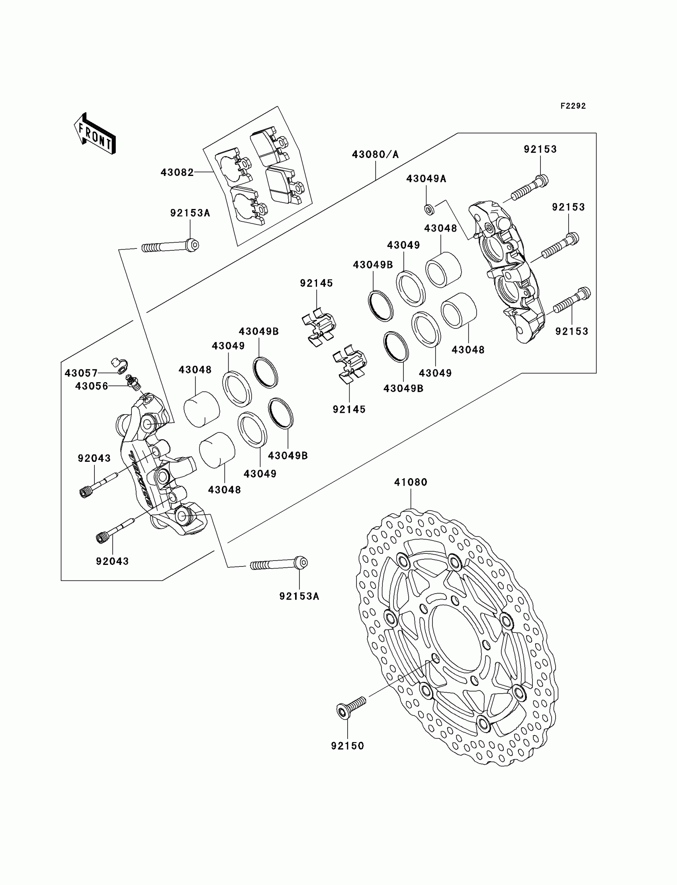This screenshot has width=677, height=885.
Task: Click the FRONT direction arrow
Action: pos(95,134)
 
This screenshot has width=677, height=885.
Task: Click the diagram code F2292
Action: pos(573,106)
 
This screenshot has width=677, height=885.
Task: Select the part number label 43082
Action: pos(177,172)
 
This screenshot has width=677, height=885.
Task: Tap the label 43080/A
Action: pos(375,154)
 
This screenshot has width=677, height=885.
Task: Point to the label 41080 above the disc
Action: pos(411,482)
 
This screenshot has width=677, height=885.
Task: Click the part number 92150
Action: pos(347,746)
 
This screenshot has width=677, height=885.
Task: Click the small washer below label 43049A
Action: pos(430,209)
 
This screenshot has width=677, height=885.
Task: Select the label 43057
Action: pos(81,373)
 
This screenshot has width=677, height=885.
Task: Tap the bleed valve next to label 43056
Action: pos(133,381)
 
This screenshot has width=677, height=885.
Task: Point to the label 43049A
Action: pos(426,178)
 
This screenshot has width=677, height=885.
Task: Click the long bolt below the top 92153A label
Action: pos(170,246)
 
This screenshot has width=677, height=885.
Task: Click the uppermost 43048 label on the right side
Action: pos(440,229)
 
